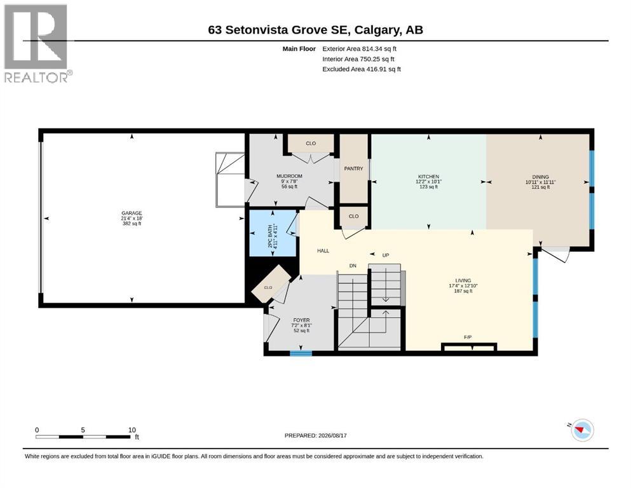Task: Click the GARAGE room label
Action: tap(132, 213)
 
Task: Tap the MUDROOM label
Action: tap(289, 176)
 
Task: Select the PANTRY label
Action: tap(353, 168)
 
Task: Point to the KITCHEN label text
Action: tap(428, 177)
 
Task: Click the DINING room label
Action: tap(541, 177)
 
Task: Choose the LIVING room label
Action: tap(463, 280)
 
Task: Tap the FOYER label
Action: tap(301, 320)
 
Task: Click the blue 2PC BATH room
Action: tap(273, 233)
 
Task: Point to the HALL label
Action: tap(323, 250)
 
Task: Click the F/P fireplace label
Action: tap(468, 337)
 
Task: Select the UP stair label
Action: tap(386, 255)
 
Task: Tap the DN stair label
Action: tap(353, 266)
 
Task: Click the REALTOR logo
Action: tap(37, 43)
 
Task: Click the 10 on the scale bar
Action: tap(132, 430)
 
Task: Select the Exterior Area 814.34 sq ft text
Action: tap(360, 49)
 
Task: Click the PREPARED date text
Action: tap(315, 435)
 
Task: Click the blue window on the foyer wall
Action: tap(301, 353)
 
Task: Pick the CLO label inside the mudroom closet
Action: tap(311, 143)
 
